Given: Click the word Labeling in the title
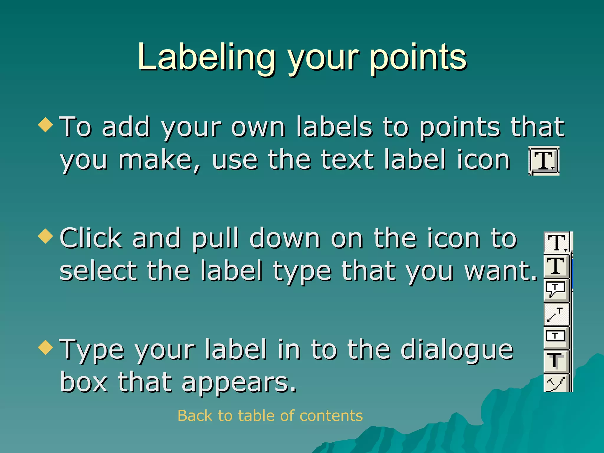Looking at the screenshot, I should click(206, 58).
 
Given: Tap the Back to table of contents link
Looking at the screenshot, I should click(270, 416).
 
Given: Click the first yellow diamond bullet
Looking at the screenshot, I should click(46, 125).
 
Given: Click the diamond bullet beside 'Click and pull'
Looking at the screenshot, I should click(46, 236).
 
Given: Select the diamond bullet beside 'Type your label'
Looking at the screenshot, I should click(46, 347).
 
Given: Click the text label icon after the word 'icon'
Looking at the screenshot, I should click(544, 161).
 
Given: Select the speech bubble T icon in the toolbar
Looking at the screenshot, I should click(556, 290).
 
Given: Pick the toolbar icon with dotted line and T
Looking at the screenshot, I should click(556, 314).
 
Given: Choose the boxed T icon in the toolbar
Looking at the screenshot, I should click(556, 336).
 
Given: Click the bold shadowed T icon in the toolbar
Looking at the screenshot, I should click(556, 360).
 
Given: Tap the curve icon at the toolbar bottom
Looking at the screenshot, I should click(556, 383).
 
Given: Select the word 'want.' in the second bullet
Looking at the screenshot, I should click(501, 271).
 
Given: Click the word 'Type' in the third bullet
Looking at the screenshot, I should click(92, 350).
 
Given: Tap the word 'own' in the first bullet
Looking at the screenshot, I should click(258, 127).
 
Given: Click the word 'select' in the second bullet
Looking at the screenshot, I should click(99, 271).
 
